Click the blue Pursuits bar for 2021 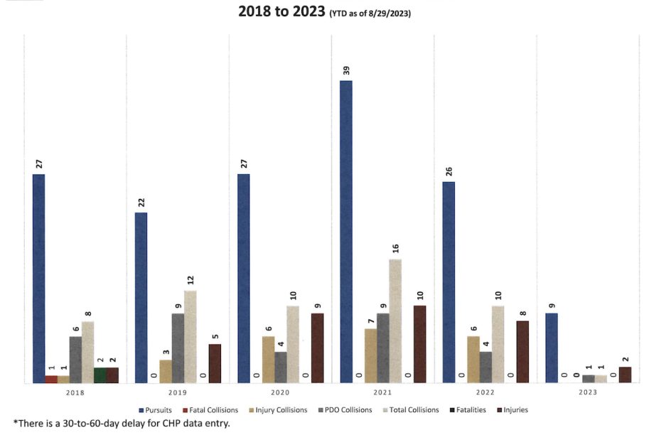(346, 232)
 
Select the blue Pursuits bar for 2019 (141, 298)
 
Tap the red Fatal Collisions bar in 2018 (51, 380)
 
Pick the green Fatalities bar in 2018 (100, 375)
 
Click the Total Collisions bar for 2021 (395, 321)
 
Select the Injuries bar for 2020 (318, 348)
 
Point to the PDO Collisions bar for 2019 (178, 348)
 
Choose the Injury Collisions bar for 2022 (473, 360)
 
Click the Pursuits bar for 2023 (551, 348)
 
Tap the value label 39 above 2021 (347, 71)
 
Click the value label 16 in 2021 (396, 249)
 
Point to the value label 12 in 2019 (190, 280)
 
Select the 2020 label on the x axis (280, 392)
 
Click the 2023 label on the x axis (588, 392)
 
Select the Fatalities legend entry (467, 410)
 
